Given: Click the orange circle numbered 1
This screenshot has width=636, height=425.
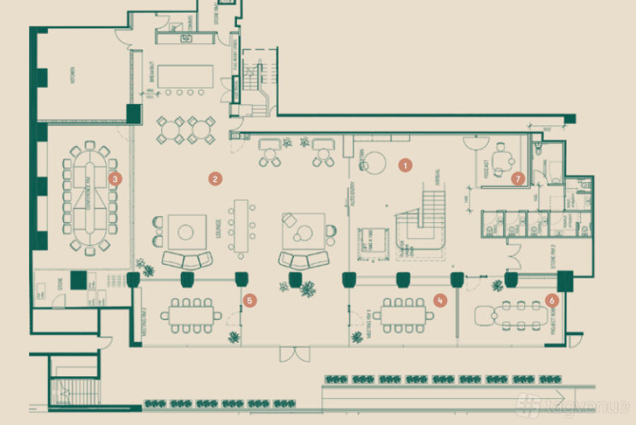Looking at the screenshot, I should [x=405, y=165].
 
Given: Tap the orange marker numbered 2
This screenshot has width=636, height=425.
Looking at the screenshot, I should [x=214, y=178].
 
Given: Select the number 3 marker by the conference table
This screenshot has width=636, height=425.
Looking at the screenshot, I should [x=116, y=179].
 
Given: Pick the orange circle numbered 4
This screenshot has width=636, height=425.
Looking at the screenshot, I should [x=441, y=300].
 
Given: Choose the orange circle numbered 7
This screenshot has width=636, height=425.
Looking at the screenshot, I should [x=518, y=179].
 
